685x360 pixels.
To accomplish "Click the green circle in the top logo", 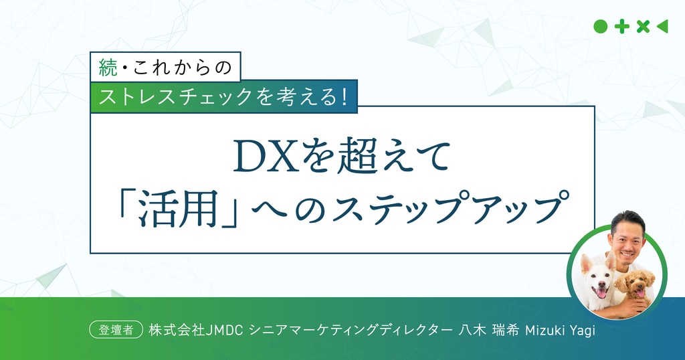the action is (600, 27).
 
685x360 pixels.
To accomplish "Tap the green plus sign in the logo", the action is (621, 27).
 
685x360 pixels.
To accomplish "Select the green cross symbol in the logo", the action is (643, 27).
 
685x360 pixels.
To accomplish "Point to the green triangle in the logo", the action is (662, 27).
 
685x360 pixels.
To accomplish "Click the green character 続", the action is (108, 68).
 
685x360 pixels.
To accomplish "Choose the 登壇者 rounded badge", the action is (116, 330).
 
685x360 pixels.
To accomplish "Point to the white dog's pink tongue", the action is (601, 292).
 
